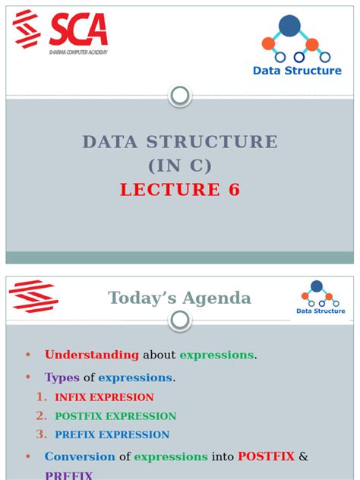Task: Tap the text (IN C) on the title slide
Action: click(180, 166)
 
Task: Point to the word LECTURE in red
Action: click(169, 190)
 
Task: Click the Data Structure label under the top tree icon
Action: click(297, 71)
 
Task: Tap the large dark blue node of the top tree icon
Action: click(289, 26)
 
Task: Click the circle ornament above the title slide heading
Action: click(180, 96)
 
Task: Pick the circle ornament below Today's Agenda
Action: click(180, 321)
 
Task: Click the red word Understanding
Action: click(92, 355)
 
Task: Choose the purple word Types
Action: click(62, 377)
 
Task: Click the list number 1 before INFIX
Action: click(41, 396)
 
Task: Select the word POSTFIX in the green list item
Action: click(79, 416)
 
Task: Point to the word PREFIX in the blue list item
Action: click(74, 435)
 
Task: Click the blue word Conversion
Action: click(80, 456)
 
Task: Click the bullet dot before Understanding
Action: click(27, 355)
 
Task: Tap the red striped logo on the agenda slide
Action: click(33, 296)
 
